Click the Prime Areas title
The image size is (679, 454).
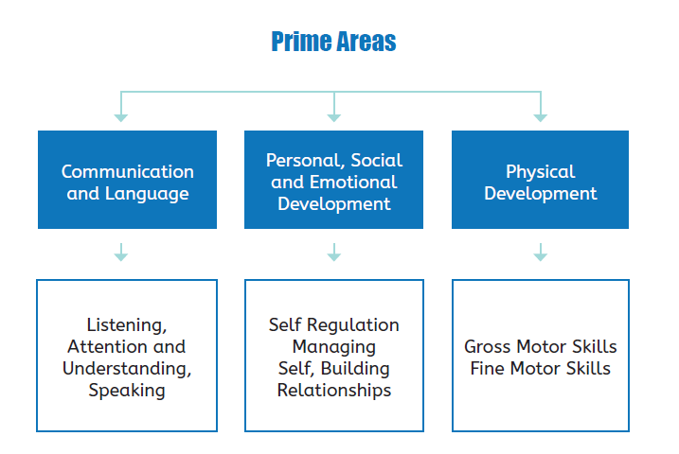coord(333,42)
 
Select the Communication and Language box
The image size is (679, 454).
coord(127,180)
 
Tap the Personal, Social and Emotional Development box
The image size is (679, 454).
coord(334,180)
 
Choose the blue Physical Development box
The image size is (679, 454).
coord(540,180)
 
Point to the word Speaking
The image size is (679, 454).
coord(127,391)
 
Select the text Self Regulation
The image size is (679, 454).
coord(334,324)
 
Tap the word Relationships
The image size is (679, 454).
coord(334,390)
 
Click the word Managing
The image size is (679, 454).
coord(334,347)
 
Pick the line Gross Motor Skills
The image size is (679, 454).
coord(541,346)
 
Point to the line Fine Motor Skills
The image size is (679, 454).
coord(541,368)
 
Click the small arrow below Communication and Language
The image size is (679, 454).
coord(121,253)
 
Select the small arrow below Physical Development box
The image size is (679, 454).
coord(541,253)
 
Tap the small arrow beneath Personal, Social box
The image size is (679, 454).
coord(334,253)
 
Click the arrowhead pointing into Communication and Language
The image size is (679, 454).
coord(121,118)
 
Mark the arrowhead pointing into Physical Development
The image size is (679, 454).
coord(541,118)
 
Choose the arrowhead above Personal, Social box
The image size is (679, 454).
coord(334,118)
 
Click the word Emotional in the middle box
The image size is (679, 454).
coord(353,182)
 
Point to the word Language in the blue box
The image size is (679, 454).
coord(147,194)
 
